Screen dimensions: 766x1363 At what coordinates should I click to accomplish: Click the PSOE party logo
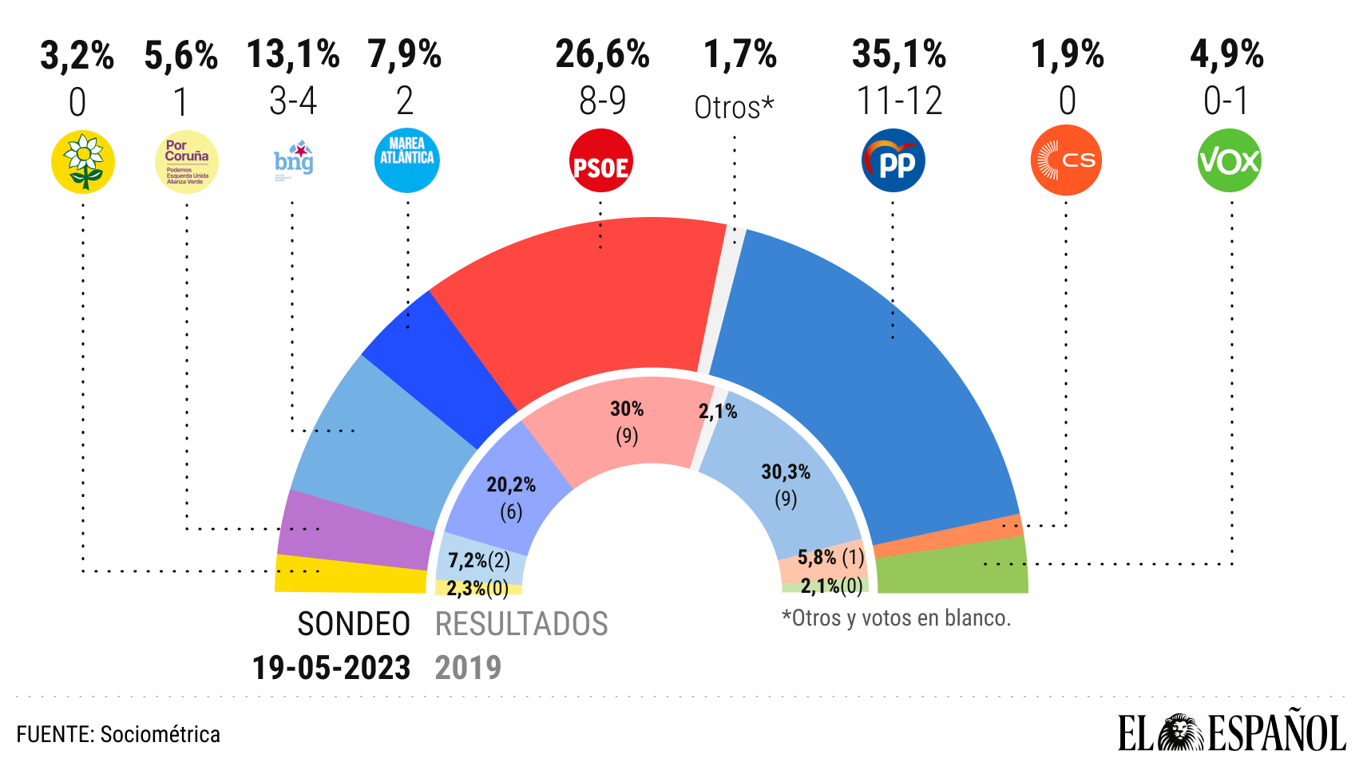coord(600,162)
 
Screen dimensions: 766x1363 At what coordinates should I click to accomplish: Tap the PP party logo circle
coord(893,161)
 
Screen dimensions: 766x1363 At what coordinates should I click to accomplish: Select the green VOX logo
coord(1229,161)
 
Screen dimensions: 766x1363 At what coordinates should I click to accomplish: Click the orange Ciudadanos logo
coord(1066,160)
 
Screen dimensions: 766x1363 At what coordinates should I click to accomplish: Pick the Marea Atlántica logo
coord(406,160)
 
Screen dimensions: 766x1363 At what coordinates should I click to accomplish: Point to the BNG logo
coord(294,160)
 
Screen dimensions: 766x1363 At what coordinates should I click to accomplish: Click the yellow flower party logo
coord(83,162)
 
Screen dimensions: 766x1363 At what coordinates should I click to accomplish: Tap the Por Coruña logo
coord(186,162)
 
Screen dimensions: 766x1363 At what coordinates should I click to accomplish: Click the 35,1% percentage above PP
coord(899,55)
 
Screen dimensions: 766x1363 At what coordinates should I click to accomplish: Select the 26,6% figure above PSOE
coord(603,55)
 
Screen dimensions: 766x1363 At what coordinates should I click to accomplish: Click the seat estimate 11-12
coord(899,101)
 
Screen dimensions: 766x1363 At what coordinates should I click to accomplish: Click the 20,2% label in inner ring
coord(511,485)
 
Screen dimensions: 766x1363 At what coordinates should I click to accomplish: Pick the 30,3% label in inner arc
coord(786,472)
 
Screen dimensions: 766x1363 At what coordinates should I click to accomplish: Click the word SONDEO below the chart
coord(354,624)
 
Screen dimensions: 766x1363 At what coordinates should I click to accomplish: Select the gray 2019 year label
coord(468,668)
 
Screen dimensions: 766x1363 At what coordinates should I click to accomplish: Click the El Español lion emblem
coord(1180,732)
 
